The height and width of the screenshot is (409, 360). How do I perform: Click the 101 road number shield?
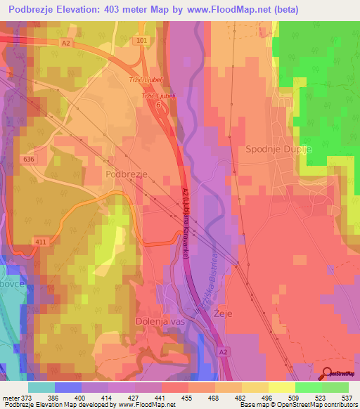coord(143,41)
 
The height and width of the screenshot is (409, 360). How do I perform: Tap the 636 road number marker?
coord(28,160)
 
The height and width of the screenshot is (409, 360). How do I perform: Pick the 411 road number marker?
coord(40,242)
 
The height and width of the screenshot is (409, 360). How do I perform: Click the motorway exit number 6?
coord(159,104)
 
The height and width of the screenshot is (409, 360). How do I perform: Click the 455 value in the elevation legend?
coord(188,398)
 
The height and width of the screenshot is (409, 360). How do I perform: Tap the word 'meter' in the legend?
coord(10,398)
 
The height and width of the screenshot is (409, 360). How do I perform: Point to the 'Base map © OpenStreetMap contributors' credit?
coord(297,405)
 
